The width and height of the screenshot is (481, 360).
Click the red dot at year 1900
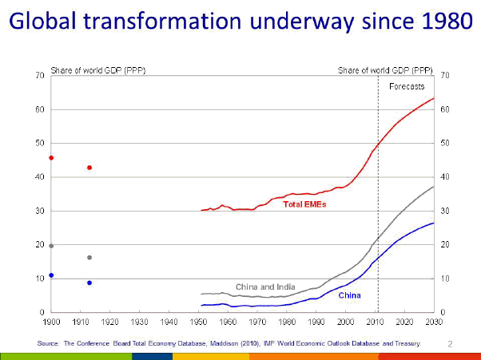coord(51,158)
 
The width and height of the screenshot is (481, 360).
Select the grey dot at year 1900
coord(51,246)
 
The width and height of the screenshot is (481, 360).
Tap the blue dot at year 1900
coord(51,275)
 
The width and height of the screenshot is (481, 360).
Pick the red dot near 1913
coord(89,168)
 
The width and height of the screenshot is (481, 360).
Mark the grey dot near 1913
coord(89,258)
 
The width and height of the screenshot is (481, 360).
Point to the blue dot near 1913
coord(89,283)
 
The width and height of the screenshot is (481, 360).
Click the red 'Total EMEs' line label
coord(304,204)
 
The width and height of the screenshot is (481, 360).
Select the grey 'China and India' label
coord(264,286)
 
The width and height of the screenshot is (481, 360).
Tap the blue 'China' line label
coord(349,295)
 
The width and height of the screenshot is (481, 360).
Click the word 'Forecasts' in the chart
coord(406,86)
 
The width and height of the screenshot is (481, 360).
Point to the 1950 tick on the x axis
coord(201,321)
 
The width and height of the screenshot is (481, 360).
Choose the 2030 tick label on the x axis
coord(434,321)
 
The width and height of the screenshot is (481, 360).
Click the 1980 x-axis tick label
coord(288,321)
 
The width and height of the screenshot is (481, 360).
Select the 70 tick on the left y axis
coord(38,75)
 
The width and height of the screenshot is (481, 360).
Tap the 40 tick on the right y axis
coord(444,176)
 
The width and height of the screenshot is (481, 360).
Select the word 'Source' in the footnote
coord(48,343)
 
